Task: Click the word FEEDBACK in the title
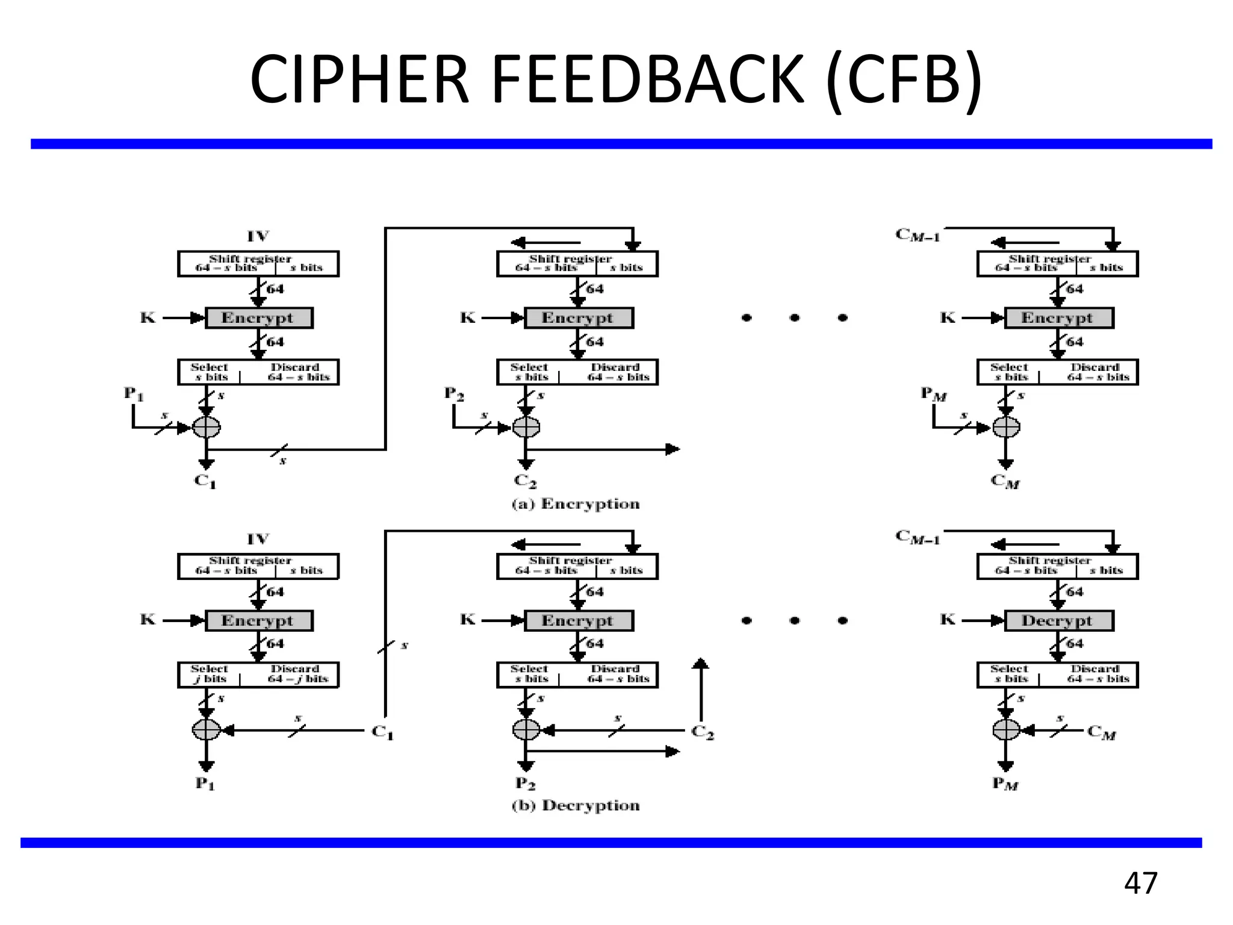pyautogui.click(x=648, y=79)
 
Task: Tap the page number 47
pyautogui.click(x=1140, y=883)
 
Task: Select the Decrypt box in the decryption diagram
pyautogui.click(x=1058, y=621)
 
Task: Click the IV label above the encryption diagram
pyautogui.click(x=258, y=236)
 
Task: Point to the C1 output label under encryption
pyautogui.click(x=205, y=481)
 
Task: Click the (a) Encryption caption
pyautogui.click(x=576, y=504)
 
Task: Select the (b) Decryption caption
pyautogui.click(x=576, y=806)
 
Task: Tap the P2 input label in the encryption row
pyautogui.click(x=454, y=394)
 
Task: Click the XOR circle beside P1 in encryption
pyautogui.click(x=206, y=428)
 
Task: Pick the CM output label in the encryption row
pyautogui.click(x=1005, y=481)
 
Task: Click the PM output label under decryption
pyautogui.click(x=1005, y=783)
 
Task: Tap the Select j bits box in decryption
pyautogui.click(x=209, y=674)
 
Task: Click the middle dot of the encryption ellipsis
pyautogui.click(x=795, y=317)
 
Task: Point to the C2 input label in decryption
pyautogui.click(x=702, y=732)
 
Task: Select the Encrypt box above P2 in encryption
pyautogui.click(x=578, y=318)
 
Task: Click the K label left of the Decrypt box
pyautogui.click(x=948, y=620)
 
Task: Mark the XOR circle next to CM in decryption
pyautogui.click(x=1005, y=730)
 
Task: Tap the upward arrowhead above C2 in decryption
pyautogui.click(x=700, y=664)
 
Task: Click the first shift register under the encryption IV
pyautogui.click(x=258, y=264)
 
